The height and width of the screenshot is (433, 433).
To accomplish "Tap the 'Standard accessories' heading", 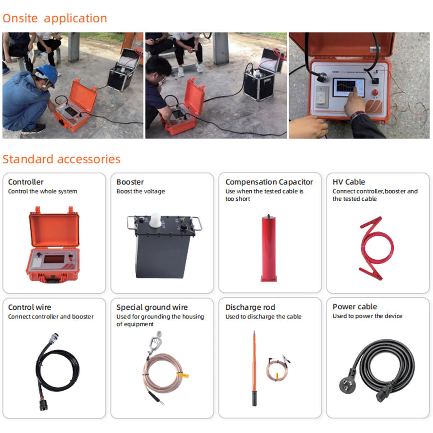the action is (61, 159).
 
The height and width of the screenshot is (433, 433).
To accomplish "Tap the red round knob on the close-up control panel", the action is (375, 93).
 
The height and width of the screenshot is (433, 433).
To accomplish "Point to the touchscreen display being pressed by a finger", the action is (349, 88).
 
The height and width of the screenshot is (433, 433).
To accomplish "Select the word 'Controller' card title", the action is (26, 182).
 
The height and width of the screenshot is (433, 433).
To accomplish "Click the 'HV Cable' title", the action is (349, 182).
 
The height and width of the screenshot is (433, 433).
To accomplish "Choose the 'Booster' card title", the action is (130, 182).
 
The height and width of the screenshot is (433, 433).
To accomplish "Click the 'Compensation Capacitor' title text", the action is (269, 182).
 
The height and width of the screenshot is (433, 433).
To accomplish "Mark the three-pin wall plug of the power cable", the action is (348, 383).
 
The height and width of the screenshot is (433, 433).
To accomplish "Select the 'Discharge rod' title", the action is (250, 307).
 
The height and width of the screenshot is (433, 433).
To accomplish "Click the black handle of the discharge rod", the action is (254, 398).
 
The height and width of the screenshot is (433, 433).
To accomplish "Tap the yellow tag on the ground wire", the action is (183, 375).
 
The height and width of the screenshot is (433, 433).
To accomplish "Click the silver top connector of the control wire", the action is (53, 338).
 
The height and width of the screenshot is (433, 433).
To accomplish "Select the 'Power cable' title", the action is (355, 307).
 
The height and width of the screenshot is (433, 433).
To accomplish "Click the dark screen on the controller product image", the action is (54, 259).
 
